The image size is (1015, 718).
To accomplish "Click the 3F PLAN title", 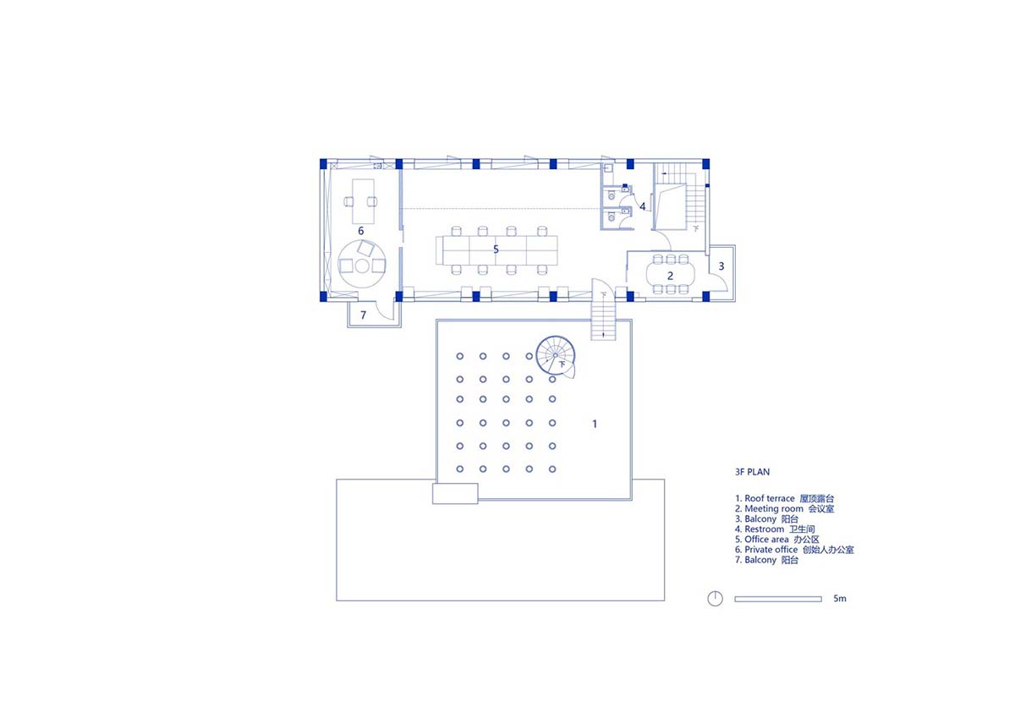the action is [752, 472].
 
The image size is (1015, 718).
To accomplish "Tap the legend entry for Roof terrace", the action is [784, 498].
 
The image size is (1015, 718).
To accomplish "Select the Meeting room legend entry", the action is [784, 509].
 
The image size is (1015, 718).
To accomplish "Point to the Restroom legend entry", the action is [775, 529].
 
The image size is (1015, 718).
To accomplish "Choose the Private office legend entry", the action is [794, 550].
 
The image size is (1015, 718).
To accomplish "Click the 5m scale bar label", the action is [840, 599].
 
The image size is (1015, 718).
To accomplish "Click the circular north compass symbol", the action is [715, 599].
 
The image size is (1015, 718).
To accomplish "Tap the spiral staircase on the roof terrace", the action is [556, 357].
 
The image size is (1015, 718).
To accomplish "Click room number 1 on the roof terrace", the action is [595, 424].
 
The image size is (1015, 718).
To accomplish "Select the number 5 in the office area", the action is [496, 249].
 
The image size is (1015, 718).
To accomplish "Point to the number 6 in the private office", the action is [360, 231].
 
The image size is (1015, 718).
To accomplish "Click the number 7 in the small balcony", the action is [363, 315].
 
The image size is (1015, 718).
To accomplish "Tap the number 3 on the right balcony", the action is [721, 266].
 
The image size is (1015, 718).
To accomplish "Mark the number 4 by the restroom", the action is [642, 206].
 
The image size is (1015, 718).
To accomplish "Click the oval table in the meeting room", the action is [671, 275].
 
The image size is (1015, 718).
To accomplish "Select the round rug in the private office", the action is [362, 265].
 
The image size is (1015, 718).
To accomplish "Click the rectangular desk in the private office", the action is [364, 201].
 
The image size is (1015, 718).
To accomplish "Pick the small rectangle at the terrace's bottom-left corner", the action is [455, 494].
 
